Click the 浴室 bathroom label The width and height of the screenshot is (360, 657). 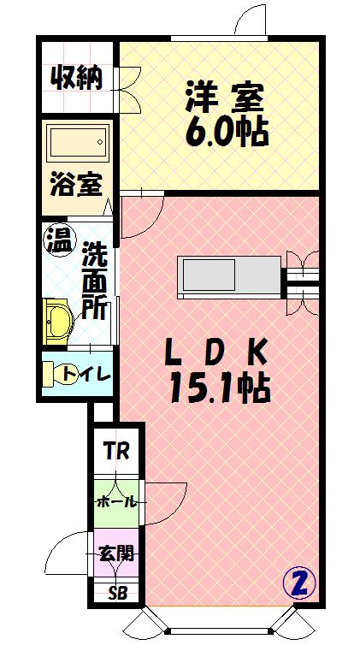click(x=75, y=184)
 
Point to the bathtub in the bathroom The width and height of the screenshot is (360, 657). click(x=77, y=143)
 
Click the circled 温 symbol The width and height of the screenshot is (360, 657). click(x=58, y=236)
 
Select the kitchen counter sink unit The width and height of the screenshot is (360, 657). click(x=228, y=275)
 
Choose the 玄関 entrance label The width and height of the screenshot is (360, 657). click(x=114, y=553)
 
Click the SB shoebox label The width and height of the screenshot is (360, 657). click(x=114, y=593)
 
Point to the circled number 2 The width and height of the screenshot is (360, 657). click(x=298, y=583)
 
